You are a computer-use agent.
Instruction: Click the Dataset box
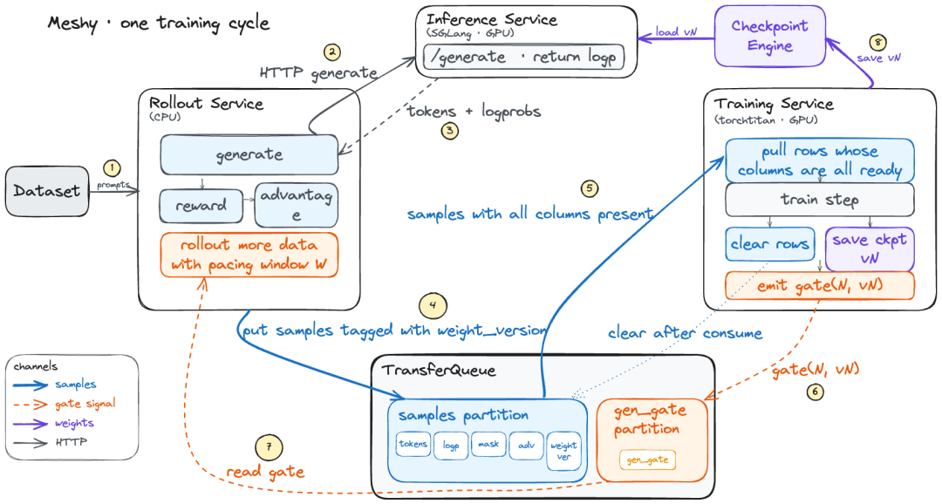click(47, 191)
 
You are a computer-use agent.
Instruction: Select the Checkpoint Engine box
click(769, 36)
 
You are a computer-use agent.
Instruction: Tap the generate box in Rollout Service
click(249, 154)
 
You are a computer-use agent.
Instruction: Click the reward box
click(201, 206)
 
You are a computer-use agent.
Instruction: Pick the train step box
click(819, 200)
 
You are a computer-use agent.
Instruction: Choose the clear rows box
click(769, 244)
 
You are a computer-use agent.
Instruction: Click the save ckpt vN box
click(870, 249)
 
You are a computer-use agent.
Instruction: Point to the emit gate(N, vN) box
click(819, 285)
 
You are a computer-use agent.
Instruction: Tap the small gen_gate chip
click(647, 460)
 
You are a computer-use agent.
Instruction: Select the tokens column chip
click(413, 445)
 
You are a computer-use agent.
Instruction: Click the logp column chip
click(451, 446)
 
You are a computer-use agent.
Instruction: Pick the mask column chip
click(488, 445)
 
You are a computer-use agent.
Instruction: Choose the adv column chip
click(526, 446)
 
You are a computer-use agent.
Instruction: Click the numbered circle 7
click(269, 447)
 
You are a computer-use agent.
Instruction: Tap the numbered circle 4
click(433, 306)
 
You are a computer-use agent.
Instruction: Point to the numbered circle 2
click(331, 52)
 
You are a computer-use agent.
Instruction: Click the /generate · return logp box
click(524, 57)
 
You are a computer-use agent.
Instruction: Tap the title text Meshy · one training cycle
click(159, 24)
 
